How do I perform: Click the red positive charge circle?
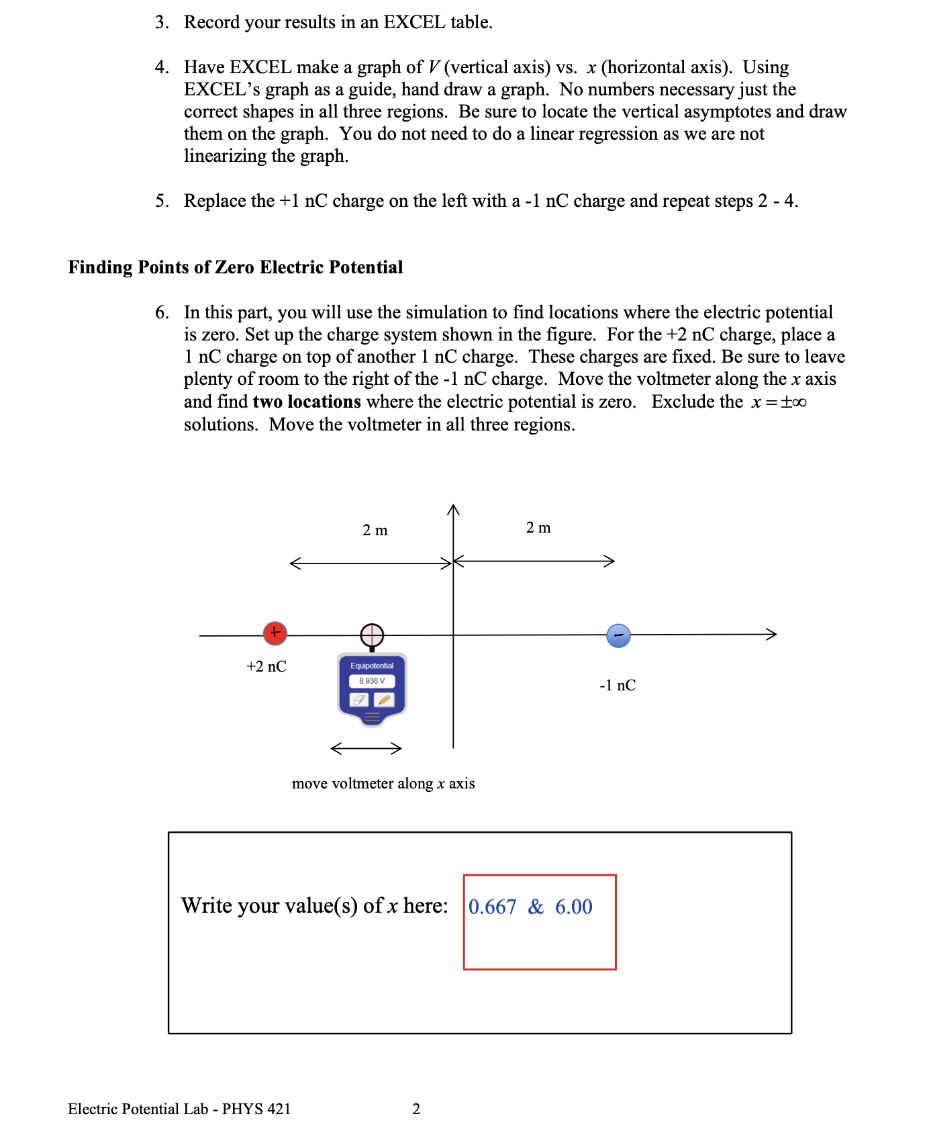coord(275,633)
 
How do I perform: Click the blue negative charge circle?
coord(618,635)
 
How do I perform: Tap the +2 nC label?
coord(266,666)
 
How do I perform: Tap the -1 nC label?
coord(618,685)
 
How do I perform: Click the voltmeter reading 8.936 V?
coord(372,681)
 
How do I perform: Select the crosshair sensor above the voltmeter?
coord(372,635)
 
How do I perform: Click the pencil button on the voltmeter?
coord(384,700)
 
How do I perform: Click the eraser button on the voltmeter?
coord(359,700)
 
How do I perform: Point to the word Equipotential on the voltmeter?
coord(372,666)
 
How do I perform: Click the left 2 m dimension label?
coord(375,531)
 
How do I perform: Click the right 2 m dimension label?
coord(538,528)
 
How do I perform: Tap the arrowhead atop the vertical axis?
coord(454,509)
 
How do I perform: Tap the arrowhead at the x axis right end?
coord(772,634)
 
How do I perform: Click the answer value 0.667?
coord(492,907)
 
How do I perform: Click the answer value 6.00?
coord(573,907)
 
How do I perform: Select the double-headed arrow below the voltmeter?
coord(367,748)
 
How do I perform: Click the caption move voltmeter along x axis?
coord(383,784)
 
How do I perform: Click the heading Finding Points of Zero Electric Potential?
coord(236,267)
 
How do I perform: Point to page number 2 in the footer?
coord(416,1109)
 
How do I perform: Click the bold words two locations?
coord(307,402)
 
